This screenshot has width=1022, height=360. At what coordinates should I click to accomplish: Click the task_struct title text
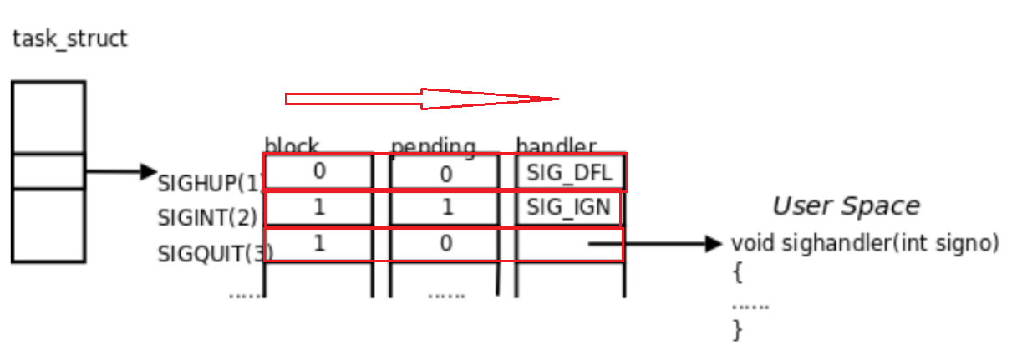[x=70, y=38]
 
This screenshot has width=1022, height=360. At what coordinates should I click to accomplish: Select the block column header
[x=292, y=145]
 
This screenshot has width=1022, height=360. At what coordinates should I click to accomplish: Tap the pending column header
[x=433, y=146]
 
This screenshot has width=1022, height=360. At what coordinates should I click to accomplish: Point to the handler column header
[x=556, y=145]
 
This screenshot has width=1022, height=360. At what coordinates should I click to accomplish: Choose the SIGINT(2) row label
[x=207, y=217]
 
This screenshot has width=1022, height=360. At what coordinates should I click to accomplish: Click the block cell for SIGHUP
[x=318, y=172]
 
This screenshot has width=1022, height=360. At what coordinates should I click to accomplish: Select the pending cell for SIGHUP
[x=445, y=173]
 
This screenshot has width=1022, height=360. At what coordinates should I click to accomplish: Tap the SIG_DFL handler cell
[x=570, y=173]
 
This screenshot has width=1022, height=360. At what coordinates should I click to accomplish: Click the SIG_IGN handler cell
[x=568, y=207]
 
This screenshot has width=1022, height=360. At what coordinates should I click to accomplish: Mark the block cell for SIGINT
[x=318, y=208]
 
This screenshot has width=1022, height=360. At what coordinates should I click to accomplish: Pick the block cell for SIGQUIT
[x=318, y=244]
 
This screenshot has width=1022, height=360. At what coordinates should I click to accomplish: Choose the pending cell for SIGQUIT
[x=445, y=244]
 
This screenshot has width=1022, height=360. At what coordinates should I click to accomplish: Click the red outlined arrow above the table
[x=422, y=99]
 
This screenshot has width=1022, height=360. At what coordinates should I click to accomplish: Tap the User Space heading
[x=845, y=206]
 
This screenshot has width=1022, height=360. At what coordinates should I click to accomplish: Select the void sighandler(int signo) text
[x=865, y=243]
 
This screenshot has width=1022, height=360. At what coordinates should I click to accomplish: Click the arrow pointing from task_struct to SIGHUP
[x=121, y=172]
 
